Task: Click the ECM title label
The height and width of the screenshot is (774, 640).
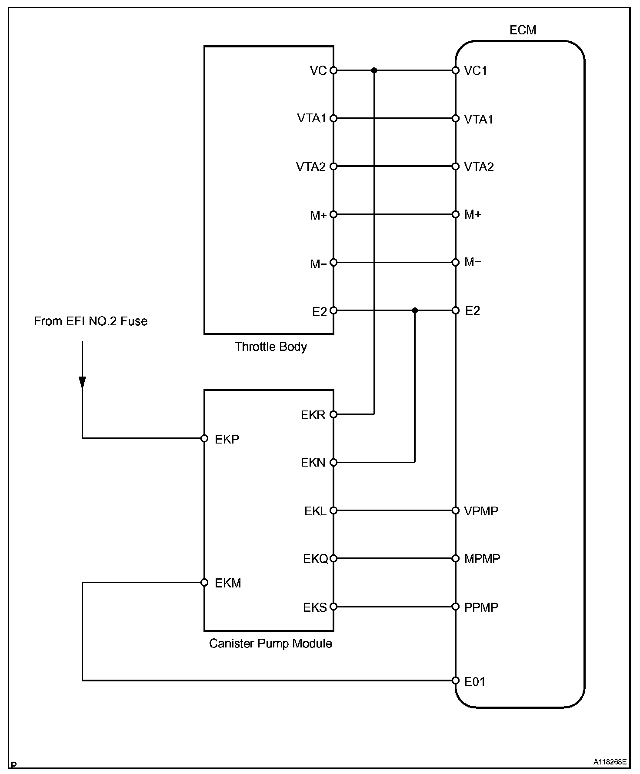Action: tap(523, 30)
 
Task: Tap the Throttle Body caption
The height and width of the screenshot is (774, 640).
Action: tap(270, 347)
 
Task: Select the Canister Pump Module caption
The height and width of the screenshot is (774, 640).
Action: tap(270, 643)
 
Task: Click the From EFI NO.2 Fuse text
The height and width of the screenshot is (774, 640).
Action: tap(90, 321)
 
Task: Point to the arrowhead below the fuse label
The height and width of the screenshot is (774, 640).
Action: tap(82, 382)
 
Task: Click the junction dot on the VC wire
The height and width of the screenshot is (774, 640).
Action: tap(374, 70)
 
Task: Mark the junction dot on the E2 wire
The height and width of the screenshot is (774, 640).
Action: tap(415, 310)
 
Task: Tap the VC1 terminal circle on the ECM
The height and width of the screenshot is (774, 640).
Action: tap(456, 70)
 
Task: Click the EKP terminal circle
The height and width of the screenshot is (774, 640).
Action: tap(204, 438)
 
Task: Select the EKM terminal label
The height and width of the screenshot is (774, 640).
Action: tap(228, 583)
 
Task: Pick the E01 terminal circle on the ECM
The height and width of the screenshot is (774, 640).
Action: tap(456, 681)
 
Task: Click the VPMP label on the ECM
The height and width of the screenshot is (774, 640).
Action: tap(481, 511)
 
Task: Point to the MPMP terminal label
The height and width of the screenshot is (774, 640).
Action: tap(482, 559)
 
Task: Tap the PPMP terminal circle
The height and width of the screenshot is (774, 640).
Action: tap(456, 607)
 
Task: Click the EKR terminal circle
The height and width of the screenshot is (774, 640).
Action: tap(333, 414)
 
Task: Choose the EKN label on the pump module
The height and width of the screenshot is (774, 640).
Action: tap(313, 463)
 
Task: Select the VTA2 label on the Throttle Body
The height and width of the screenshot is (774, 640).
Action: tap(311, 167)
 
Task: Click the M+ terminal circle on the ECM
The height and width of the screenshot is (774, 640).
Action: tap(456, 214)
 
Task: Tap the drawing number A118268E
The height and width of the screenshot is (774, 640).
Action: tap(610, 762)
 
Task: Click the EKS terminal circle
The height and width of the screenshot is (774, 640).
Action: tap(333, 607)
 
